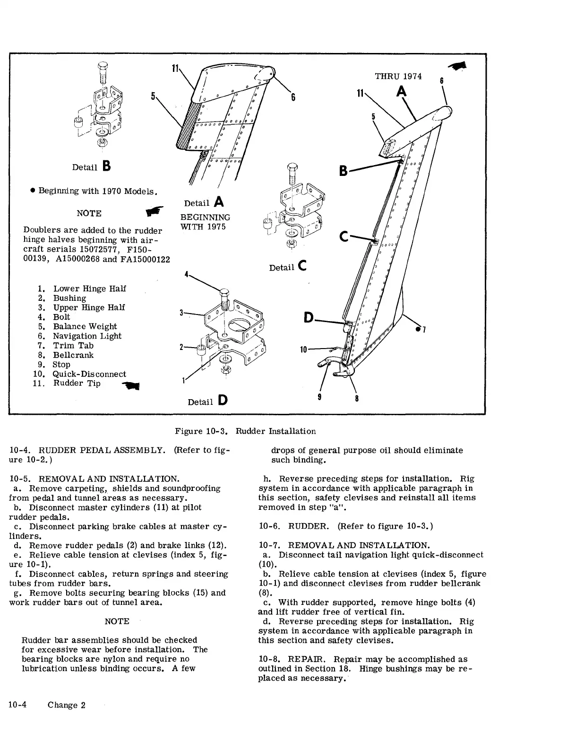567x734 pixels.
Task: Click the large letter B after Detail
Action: click(x=106, y=166)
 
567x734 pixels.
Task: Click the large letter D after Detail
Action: click(x=222, y=401)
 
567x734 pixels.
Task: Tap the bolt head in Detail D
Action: click(x=224, y=290)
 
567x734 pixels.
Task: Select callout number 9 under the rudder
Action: click(x=320, y=397)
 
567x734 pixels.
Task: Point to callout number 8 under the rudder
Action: click(x=356, y=398)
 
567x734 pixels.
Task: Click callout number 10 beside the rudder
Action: click(x=304, y=350)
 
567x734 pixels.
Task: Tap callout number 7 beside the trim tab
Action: click(x=424, y=329)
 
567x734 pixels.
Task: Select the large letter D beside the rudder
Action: click(x=309, y=318)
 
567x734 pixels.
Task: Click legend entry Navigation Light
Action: click(x=87, y=336)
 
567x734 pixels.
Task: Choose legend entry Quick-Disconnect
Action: click(x=89, y=374)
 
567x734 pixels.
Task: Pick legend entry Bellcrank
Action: click(x=73, y=355)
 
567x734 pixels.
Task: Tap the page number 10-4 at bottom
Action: click(x=18, y=705)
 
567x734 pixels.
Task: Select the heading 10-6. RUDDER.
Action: click(x=295, y=526)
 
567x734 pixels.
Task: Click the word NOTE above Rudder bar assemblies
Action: click(x=117, y=621)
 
